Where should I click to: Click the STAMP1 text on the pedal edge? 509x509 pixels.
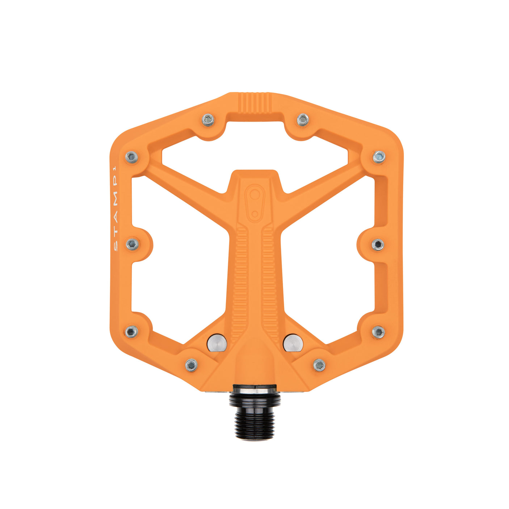pos(115,208)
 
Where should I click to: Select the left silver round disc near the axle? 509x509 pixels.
pos(217,342)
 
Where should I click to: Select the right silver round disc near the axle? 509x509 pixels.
pos(293,342)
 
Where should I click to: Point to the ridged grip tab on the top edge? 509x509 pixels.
pos(255,103)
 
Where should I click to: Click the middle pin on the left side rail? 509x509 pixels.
pos(132,244)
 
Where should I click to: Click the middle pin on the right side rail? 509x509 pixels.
pos(378,244)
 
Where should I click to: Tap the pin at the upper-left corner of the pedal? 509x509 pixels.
pos(132,157)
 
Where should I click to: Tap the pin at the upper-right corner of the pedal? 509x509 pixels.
pos(379,157)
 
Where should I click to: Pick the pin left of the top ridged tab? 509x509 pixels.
pos(208,119)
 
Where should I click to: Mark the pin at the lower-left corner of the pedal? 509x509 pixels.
pos(131,331)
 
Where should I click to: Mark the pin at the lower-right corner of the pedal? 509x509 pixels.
pos(378,332)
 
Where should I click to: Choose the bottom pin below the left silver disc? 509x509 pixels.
pos(191,365)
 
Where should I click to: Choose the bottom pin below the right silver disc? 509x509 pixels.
pos(319,365)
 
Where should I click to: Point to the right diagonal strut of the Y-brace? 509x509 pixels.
pos(322,188)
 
